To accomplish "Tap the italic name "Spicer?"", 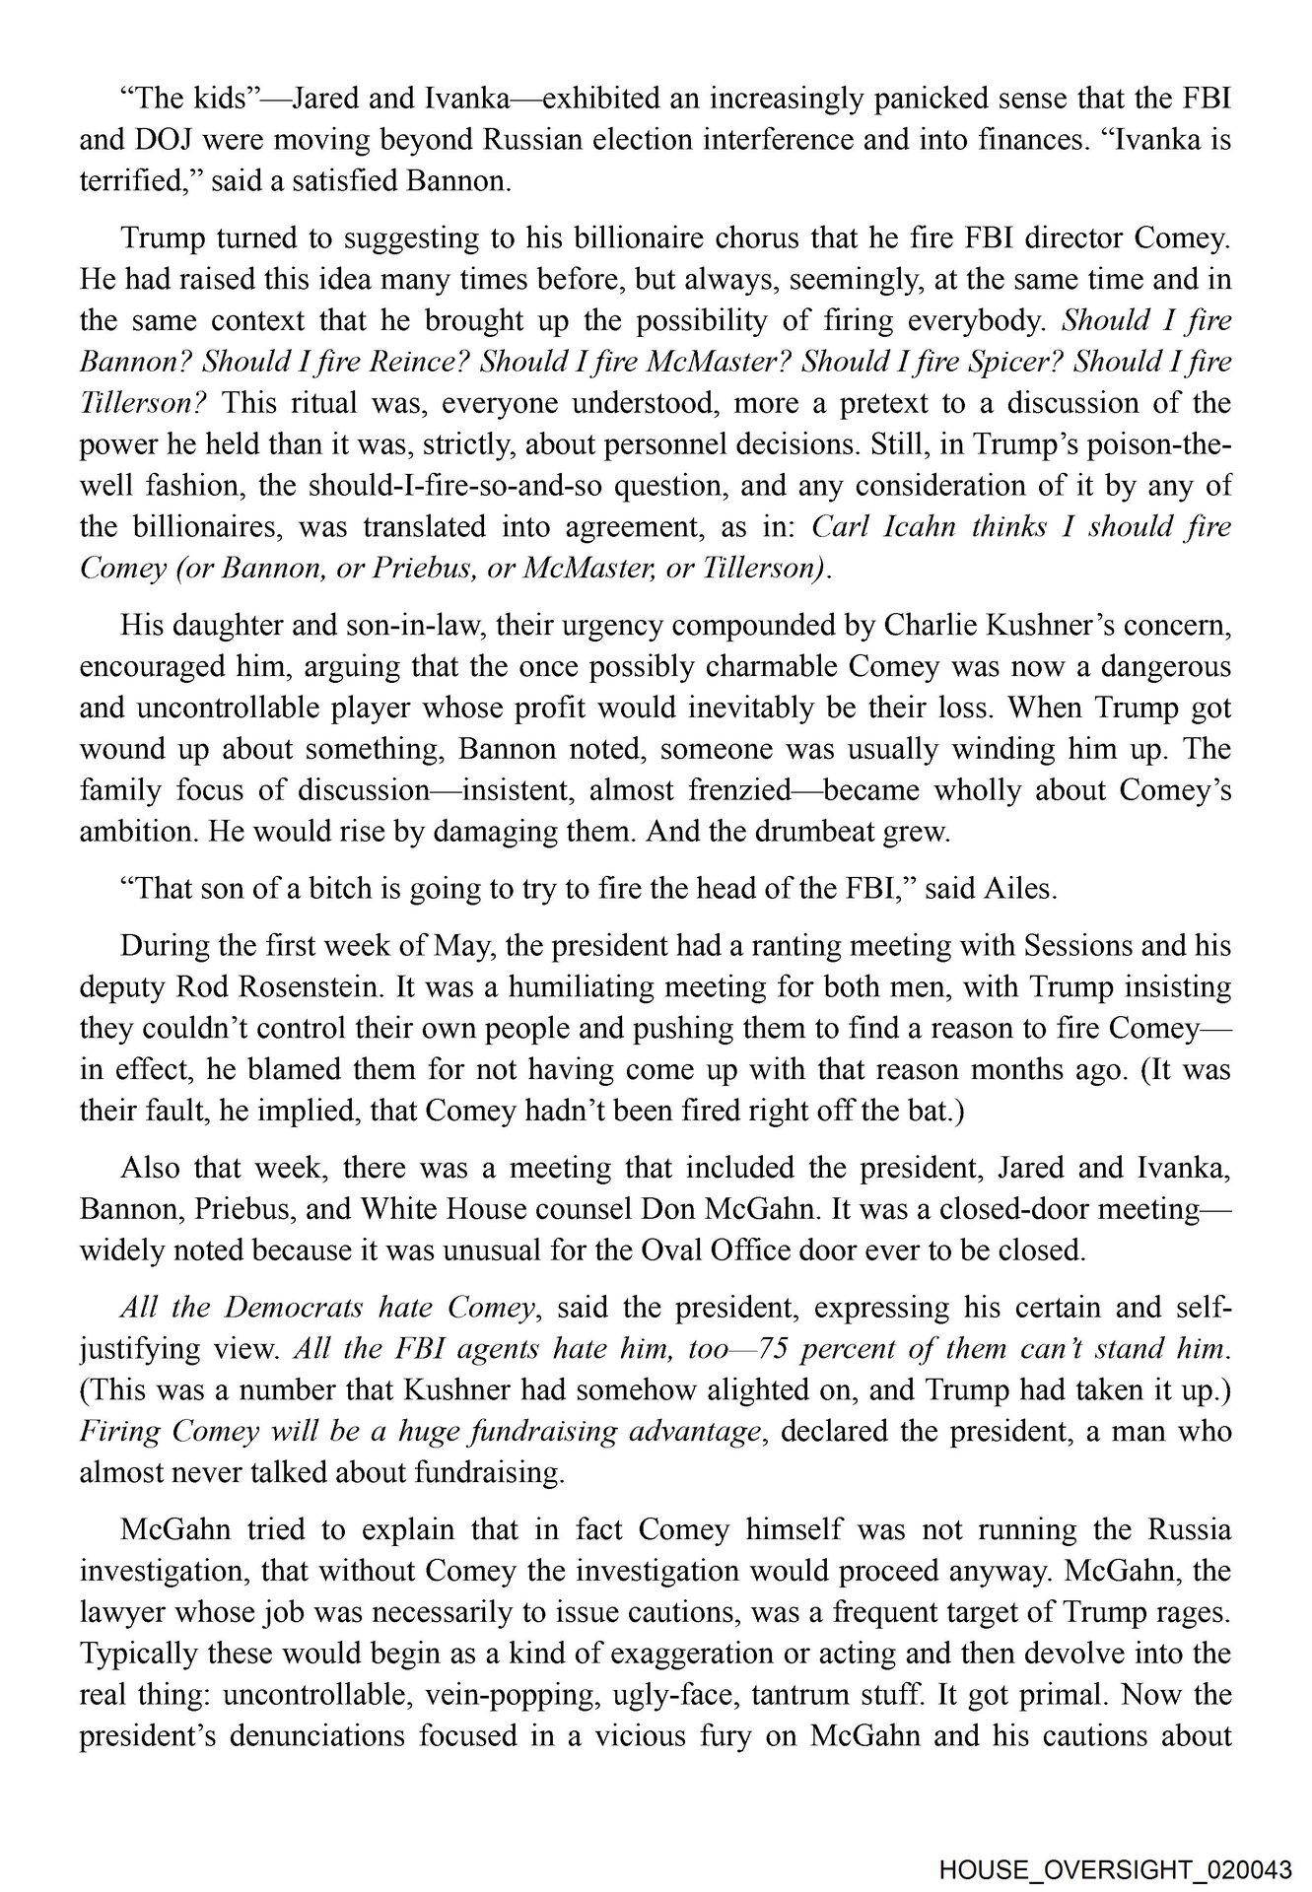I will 1019,362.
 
